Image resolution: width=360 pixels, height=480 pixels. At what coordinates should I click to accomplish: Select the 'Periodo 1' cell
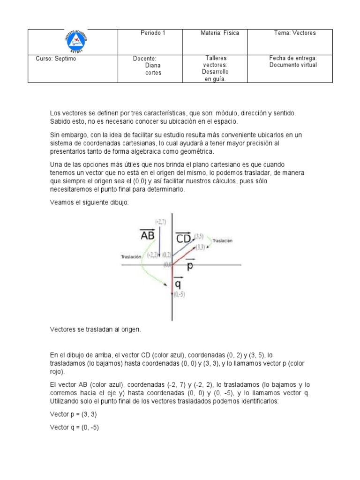(x=153, y=33)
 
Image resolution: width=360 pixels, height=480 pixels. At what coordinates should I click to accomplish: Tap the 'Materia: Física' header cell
(x=219, y=33)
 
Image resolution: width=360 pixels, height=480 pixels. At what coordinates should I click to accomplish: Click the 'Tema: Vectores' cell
(x=295, y=33)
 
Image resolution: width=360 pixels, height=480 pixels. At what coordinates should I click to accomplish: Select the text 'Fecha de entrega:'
(x=293, y=58)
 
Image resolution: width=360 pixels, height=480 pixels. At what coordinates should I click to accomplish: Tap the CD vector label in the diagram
(x=183, y=238)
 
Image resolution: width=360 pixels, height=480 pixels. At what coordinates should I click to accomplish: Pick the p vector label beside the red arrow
(x=190, y=266)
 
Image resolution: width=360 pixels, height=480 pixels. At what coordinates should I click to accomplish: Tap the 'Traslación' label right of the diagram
(x=223, y=241)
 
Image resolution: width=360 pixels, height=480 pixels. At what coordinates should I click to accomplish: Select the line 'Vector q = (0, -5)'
(x=74, y=427)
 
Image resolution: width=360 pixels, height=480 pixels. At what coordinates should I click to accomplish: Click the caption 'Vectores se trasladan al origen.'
(x=95, y=330)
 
